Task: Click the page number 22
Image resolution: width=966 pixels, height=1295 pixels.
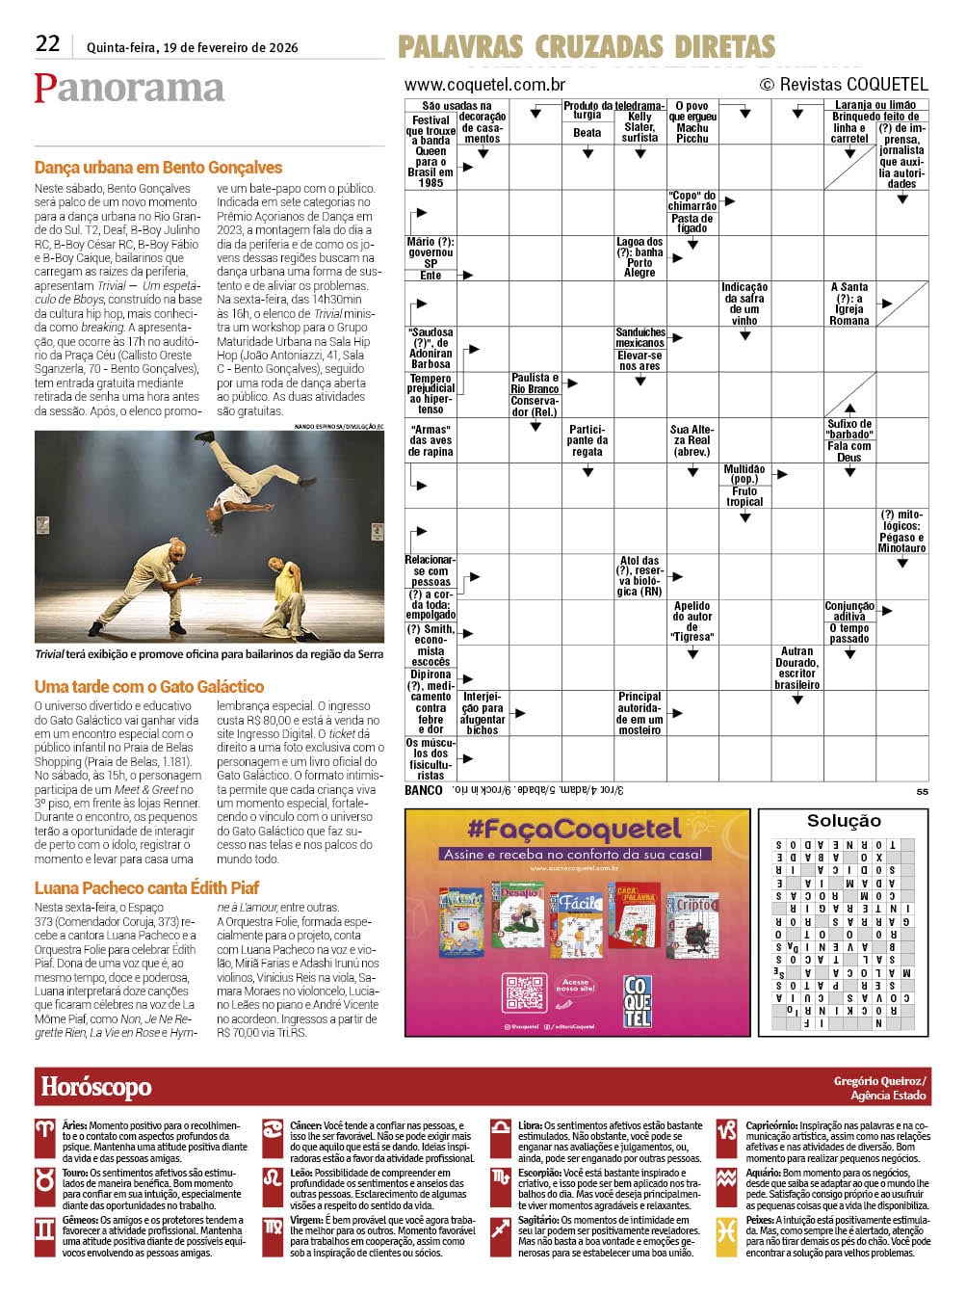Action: [x=47, y=43]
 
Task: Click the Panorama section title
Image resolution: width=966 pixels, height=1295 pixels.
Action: [x=129, y=88]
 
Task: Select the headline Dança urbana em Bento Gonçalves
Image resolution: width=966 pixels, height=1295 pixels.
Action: [x=158, y=168]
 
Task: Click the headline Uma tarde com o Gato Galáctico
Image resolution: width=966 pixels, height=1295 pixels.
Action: [x=149, y=687]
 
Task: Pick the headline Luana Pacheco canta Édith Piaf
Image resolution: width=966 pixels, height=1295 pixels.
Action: [x=146, y=888]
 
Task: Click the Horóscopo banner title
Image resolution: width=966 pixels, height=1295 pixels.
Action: [x=96, y=1087]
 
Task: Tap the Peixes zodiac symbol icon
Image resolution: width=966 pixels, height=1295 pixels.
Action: [x=727, y=1229]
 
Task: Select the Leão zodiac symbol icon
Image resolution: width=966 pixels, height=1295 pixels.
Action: [x=273, y=1178]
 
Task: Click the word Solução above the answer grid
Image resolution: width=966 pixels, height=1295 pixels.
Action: [x=844, y=821]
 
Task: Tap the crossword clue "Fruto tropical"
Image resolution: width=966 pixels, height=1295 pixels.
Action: [x=744, y=496]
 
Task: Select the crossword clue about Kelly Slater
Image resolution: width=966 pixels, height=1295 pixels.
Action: [x=640, y=127]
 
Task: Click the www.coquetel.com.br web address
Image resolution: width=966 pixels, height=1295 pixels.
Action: [x=484, y=85]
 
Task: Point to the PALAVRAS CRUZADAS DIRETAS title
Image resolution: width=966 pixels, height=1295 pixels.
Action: [x=587, y=45]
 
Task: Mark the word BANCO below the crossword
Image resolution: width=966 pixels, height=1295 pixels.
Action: [x=424, y=790]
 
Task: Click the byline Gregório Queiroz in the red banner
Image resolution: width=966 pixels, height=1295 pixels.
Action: [x=879, y=1081]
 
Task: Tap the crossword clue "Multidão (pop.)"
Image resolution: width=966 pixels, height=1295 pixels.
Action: [x=744, y=474]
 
